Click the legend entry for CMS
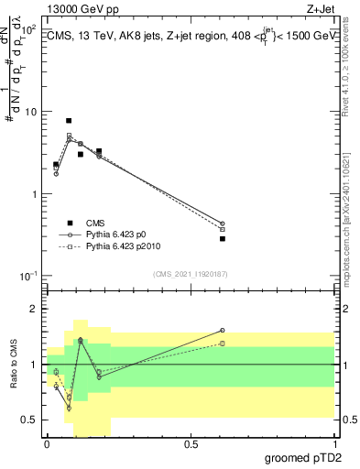[95, 223]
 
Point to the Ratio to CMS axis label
[14, 365]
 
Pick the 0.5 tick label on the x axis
[191, 444]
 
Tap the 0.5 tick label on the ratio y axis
[28, 420]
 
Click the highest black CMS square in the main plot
[69, 121]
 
